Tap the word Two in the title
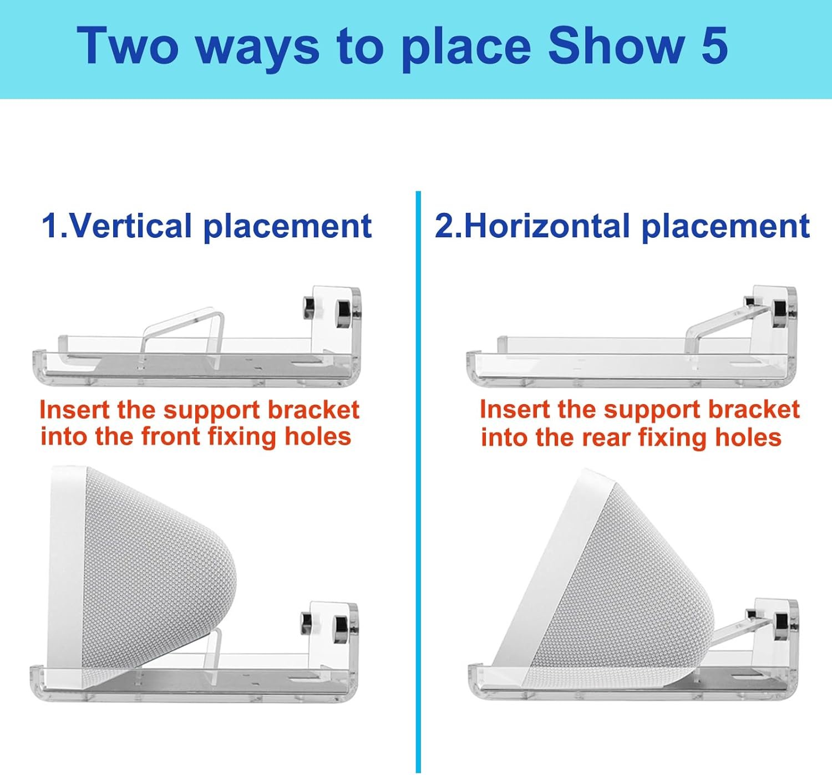pyautogui.click(x=128, y=46)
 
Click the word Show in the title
pyautogui.click(x=616, y=46)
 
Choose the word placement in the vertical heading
pyautogui.click(x=287, y=227)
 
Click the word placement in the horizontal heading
pyautogui.click(x=726, y=227)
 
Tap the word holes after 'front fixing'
pyautogui.click(x=318, y=436)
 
